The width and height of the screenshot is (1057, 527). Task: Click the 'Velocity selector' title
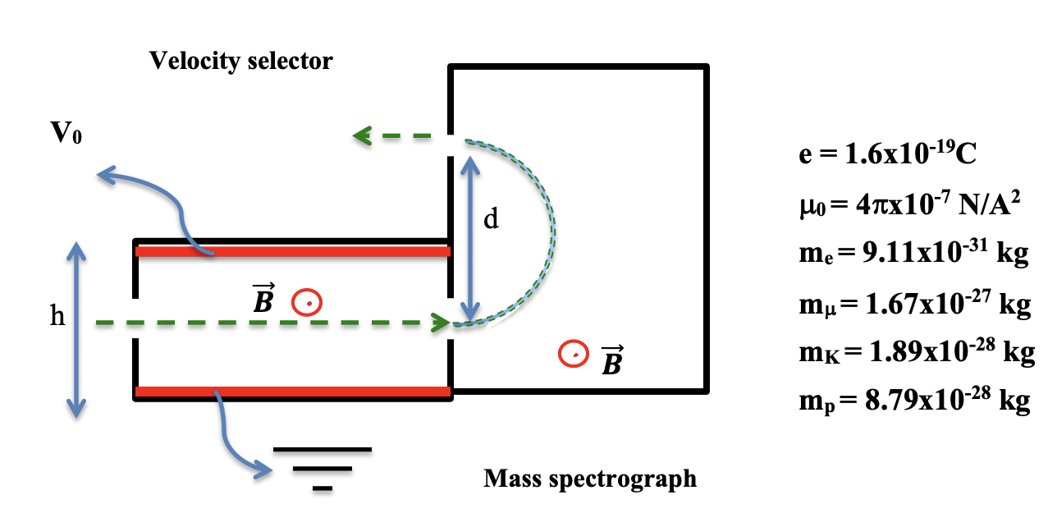[240, 61]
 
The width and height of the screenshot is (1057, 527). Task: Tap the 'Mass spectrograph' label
[589, 478]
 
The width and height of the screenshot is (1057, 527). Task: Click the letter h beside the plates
[57, 316]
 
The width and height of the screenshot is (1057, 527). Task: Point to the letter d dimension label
[491, 221]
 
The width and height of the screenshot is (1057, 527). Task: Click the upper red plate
[293, 251]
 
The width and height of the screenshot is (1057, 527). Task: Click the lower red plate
[293, 392]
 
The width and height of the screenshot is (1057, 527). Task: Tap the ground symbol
[322, 469]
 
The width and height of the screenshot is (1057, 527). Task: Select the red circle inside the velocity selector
[309, 303]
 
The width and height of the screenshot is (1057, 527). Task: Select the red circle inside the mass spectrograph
[574, 354]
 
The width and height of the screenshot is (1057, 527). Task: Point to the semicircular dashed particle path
[555, 230]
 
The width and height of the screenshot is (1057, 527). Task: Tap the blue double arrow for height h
[76, 328]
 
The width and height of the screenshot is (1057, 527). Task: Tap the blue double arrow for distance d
[469, 238]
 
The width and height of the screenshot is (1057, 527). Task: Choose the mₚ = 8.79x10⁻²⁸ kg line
[913, 401]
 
